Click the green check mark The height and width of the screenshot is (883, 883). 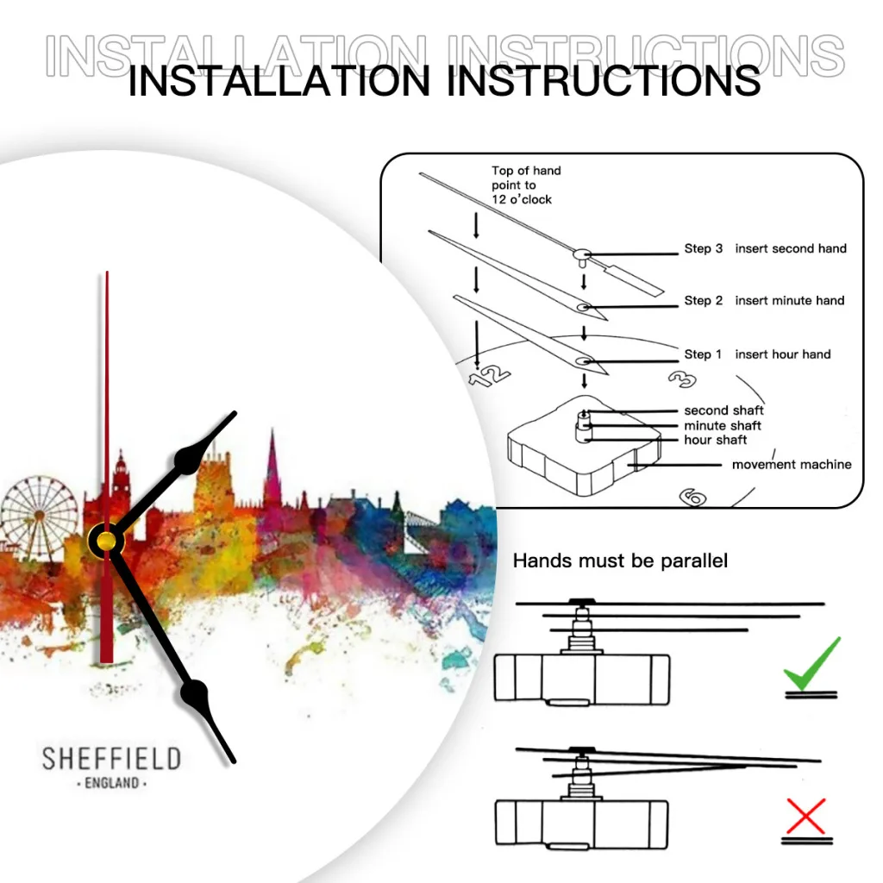(811, 665)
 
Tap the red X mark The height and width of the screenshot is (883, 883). (806, 816)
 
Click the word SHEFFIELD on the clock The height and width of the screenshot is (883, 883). (111, 759)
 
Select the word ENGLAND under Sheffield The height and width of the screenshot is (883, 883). (112, 784)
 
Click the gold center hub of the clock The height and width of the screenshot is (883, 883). (105, 541)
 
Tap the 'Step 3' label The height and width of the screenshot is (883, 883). (704, 248)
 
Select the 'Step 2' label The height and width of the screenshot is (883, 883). (704, 300)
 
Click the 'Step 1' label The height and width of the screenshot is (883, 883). (704, 354)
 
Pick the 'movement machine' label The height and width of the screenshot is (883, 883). (792, 465)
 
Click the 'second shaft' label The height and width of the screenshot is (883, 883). (723, 410)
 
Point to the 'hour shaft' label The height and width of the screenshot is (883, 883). (716, 440)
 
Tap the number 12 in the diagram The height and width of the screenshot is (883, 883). (489, 376)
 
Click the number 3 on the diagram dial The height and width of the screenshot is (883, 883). (682, 380)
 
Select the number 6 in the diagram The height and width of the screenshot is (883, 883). (693, 497)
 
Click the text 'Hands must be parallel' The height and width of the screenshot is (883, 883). (620, 560)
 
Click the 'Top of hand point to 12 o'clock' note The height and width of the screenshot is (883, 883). (526, 185)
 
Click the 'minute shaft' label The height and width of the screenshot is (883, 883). (723, 425)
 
